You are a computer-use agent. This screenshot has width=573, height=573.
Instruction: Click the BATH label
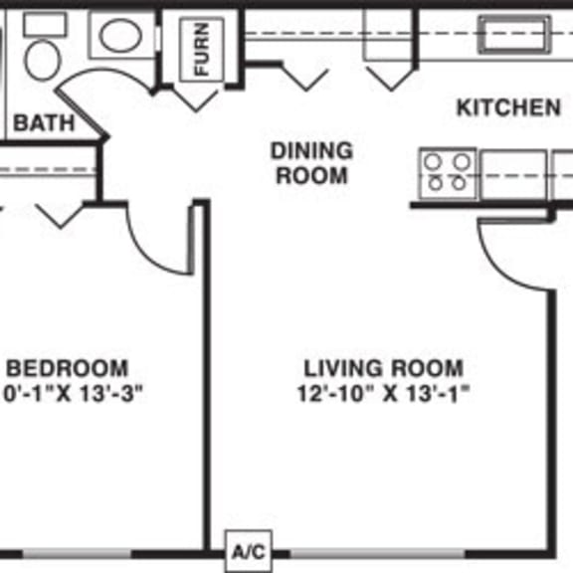click(43, 122)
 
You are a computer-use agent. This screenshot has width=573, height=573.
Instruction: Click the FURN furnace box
click(202, 50)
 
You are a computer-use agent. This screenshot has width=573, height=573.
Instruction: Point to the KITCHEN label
click(507, 107)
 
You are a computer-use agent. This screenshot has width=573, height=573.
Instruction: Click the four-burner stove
click(446, 171)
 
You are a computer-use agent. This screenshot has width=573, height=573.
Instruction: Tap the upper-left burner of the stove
click(434, 161)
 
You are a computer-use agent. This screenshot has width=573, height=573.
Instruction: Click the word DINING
click(311, 151)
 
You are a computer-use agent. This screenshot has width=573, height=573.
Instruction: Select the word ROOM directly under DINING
click(311, 177)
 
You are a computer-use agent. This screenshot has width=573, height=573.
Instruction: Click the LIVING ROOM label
click(383, 367)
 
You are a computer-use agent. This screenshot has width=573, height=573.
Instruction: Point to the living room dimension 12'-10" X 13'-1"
click(383, 393)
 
